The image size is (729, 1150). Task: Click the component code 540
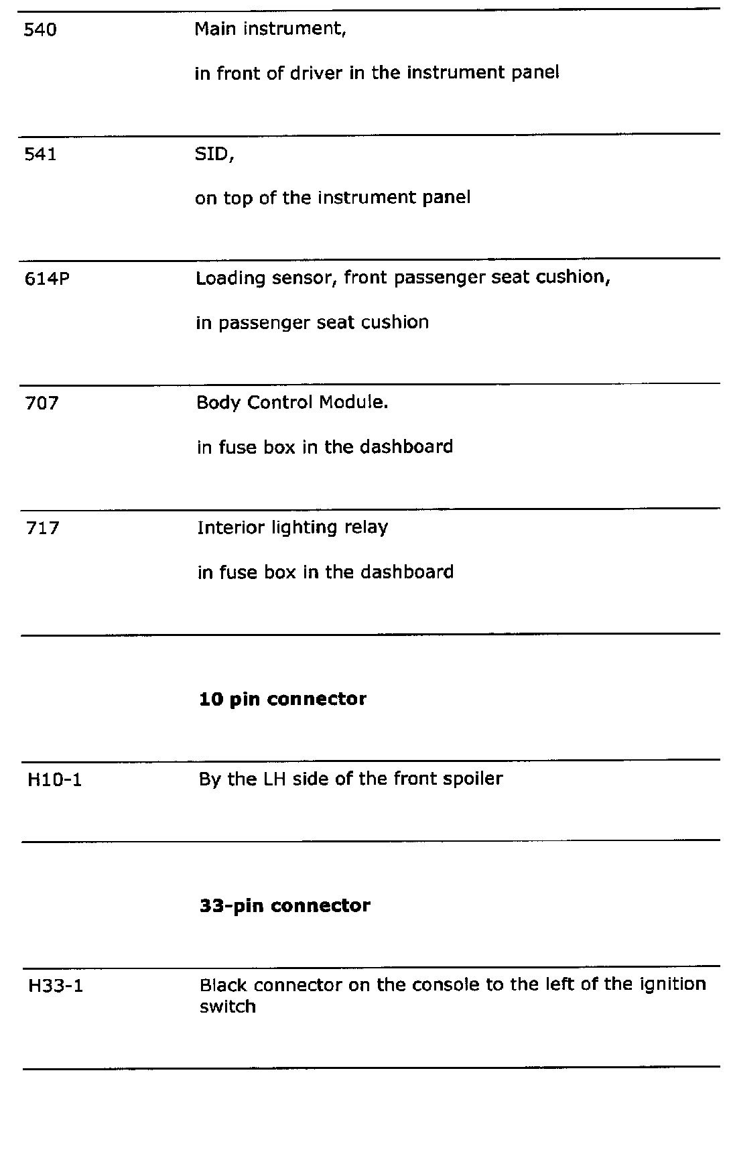point(40,30)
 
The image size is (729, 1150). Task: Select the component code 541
point(40,155)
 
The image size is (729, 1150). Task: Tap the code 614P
point(47,279)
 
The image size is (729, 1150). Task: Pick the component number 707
point(42,403)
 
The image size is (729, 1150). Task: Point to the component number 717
point(42,529)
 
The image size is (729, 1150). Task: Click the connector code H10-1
point(54,780)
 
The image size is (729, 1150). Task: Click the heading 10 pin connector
point(283,699)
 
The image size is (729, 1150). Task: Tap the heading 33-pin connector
point(285,906)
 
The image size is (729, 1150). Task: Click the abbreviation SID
point(212,155)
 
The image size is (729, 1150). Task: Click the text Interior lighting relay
point(293,528)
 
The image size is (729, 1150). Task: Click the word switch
point(228,1007)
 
